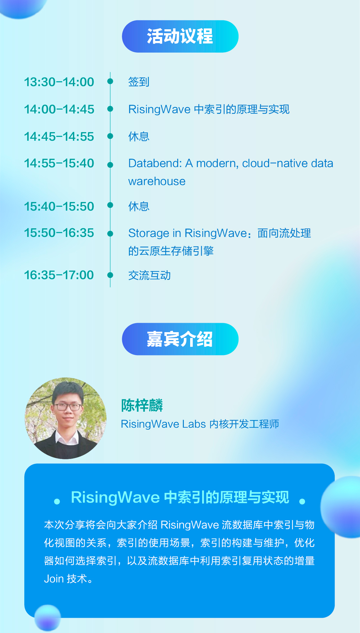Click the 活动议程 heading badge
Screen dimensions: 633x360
180,36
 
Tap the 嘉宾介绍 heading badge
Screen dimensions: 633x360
180,339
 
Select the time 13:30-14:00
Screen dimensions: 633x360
59,82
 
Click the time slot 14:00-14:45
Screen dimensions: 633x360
59,109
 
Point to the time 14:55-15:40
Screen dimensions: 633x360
59,163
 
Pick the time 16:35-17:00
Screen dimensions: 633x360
59,275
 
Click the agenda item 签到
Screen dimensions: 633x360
139,82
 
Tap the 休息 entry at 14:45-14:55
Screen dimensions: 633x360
139,136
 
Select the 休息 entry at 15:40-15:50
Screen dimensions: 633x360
139,206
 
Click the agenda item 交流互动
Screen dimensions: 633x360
149,275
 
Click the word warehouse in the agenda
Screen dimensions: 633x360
157,181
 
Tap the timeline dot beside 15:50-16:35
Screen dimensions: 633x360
110,234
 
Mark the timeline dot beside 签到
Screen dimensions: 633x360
110,81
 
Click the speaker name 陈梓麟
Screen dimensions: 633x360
142,405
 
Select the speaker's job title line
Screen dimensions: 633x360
200,424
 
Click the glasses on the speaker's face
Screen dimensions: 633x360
67,407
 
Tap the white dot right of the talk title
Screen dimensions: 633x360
302,502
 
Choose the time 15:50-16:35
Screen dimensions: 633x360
59,233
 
